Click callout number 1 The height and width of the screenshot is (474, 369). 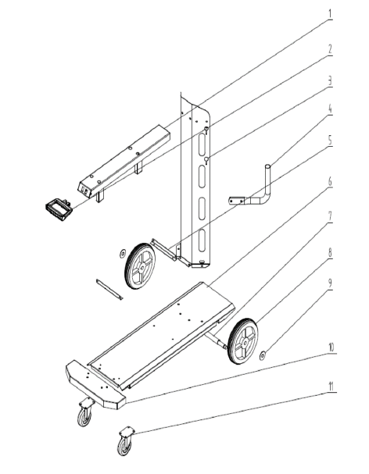click(x=330, y=13)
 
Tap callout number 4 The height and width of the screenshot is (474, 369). click(x=330, y=109)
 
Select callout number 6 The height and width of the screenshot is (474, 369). click(x=330, y=181)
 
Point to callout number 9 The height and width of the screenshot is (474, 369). click(x=330, y=283)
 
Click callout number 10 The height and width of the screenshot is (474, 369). click(x=331, y=347)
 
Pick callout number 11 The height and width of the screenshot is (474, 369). click(x=331, y=386)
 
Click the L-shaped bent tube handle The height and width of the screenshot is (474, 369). click(x=253, y=190)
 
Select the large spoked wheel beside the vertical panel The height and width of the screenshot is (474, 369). click(x=140, y=266)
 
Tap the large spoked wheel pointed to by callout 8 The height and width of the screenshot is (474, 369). click(x=243, y=341)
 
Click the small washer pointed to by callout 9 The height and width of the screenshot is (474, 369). click(x=262, y=355)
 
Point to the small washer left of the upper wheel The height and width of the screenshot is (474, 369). click(x=122, y=253)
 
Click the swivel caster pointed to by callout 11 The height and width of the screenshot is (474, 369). click(x=125, y=441)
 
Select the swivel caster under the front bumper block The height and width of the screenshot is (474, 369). click(x=86, y=412)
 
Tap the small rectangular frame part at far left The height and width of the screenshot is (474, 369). click(x=59, y=209)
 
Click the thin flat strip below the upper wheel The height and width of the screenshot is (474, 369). click(x=109, y=290)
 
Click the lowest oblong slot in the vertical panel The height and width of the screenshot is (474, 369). click(x=202, y=241)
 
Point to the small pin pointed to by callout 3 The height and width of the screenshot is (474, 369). click(x=206, y=160)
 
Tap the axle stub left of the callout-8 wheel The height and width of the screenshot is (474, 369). click(x=216, y=340)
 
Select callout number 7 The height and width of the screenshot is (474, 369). click(x=330, y=216)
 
